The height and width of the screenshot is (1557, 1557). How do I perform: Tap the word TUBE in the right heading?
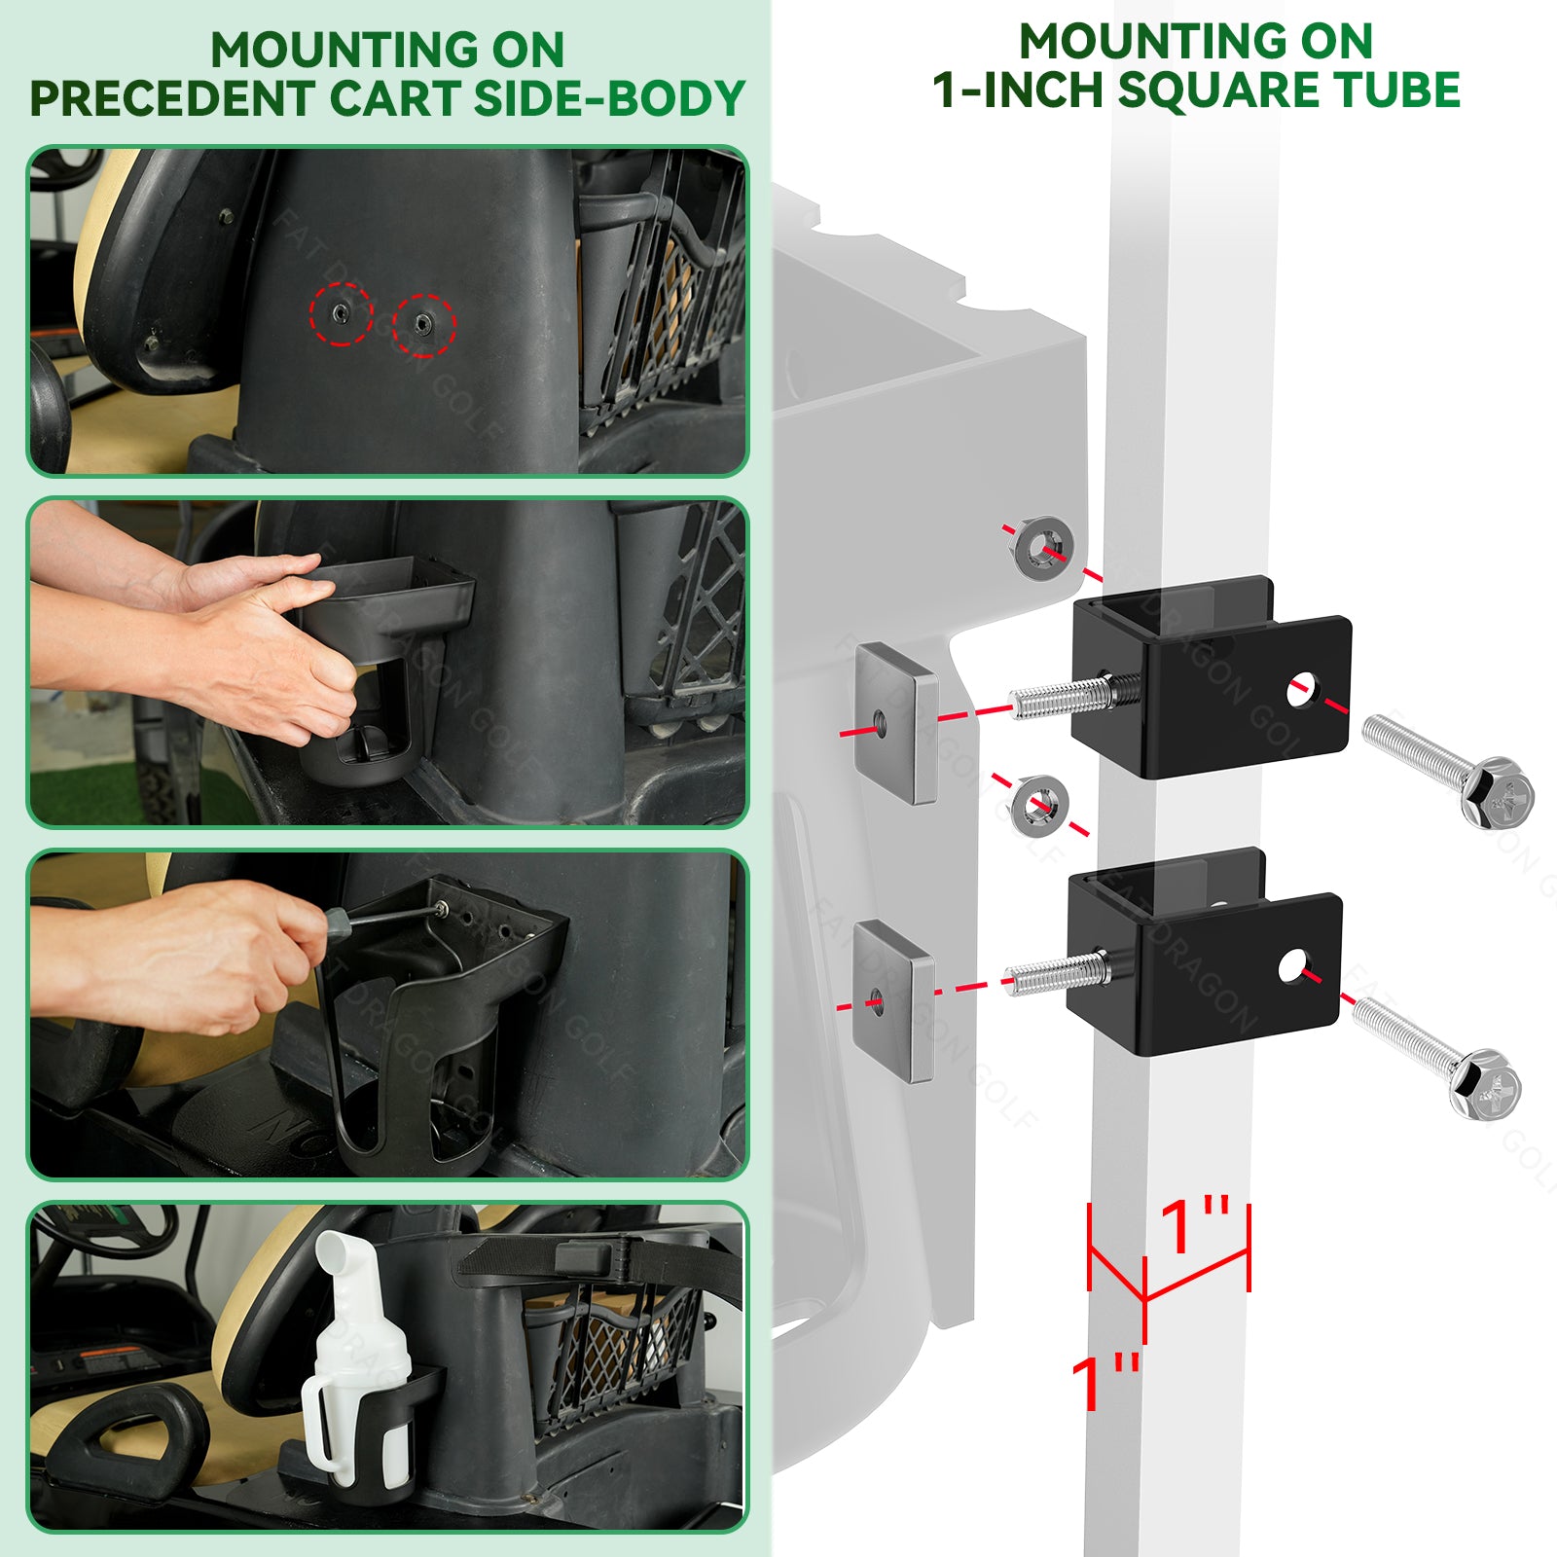click(x=1398, y=90)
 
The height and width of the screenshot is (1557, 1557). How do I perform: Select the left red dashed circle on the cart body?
click(x=341, y=313)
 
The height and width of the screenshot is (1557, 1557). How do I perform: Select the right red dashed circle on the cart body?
click(x=423, y=324)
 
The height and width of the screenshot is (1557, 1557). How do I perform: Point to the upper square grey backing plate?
click(x=896, y=722)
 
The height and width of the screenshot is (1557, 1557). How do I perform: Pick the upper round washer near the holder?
click(x=1043, y=548)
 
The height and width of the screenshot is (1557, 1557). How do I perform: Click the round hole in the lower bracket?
click(x=1293, y=965)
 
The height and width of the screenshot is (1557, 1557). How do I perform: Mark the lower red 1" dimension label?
click(x=1106, y=1381)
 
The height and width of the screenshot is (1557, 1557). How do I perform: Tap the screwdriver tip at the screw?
click(x=440, y=907)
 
